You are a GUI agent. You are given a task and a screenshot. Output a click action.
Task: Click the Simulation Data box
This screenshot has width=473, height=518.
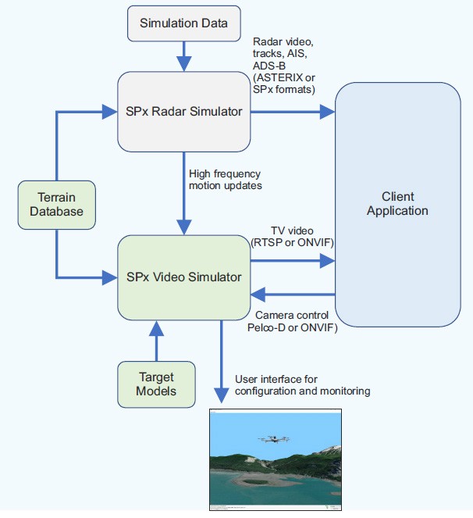click(x=183, y=23)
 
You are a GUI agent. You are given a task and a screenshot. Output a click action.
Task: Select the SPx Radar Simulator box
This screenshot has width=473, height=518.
click(x=183, y=112)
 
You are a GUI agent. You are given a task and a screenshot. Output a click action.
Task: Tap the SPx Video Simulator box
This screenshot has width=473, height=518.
click(x=183, y=277)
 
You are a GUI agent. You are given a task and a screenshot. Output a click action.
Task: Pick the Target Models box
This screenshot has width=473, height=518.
click(x=156, y=384)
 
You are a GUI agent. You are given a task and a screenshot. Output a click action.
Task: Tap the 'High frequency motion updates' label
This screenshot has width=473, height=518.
click(x=225, y=180)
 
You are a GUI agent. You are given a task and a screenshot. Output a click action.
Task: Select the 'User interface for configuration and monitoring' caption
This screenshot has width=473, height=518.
click(x=302, y=384)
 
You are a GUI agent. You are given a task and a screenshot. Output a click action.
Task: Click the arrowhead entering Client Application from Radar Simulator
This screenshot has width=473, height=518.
click(x=328, y=113)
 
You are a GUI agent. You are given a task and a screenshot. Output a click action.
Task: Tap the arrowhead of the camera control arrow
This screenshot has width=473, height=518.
click(x=256, y=295)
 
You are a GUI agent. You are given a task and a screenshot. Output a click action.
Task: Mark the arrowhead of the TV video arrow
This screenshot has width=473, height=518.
click(x=328, y=262)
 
